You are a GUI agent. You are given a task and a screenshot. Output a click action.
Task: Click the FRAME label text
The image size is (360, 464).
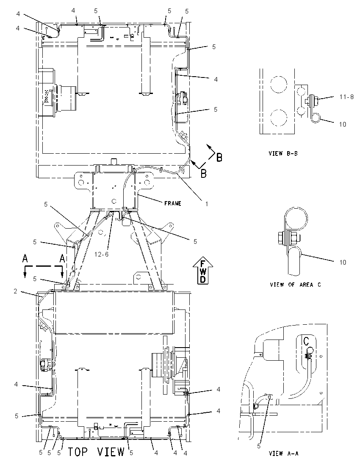(x=173, y=204)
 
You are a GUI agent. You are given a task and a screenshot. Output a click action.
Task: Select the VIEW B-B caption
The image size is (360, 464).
(x=283, y=153)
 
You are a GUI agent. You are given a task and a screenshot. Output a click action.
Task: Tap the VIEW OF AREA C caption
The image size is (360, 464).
(x=296, y=284)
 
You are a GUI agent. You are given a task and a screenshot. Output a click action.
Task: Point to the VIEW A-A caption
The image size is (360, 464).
(x=284, y=453)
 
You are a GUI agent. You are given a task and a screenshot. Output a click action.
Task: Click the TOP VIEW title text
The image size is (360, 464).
(x=97, y=452)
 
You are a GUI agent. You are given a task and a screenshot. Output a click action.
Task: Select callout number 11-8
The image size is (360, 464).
(x=346, y=97)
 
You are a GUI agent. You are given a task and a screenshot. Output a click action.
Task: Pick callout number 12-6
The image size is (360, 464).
(x=102, y=254)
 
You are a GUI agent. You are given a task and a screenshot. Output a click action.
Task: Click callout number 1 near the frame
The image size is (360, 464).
(x=207, y=204)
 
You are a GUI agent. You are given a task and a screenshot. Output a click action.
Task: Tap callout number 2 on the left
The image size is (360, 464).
(x=15, y=291)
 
